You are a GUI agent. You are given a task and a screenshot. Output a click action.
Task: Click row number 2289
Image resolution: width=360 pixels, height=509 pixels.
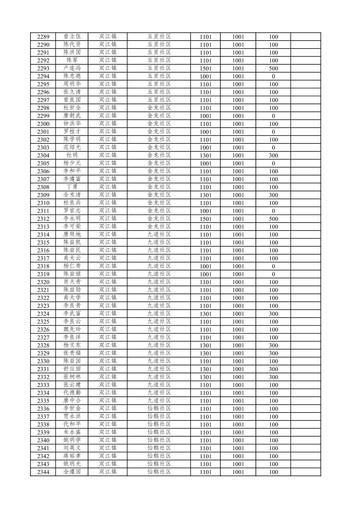[43, 37]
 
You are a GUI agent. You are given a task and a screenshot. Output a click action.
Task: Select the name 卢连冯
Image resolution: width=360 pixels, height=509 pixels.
[72, 68]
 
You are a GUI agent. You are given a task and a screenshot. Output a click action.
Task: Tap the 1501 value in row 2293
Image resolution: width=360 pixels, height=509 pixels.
[206, 68]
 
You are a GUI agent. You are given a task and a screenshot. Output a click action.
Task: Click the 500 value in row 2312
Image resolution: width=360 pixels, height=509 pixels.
[273, 219]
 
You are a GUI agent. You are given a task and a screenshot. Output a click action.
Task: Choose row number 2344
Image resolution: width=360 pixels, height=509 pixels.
[43, 472]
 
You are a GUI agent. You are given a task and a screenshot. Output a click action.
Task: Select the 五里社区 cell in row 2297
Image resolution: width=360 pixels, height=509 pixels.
[159, 100]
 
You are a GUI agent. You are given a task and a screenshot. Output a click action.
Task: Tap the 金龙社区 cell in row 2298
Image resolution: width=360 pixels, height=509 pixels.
[159, 108]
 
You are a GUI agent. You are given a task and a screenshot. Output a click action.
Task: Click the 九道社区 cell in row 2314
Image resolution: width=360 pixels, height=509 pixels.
[159, 235]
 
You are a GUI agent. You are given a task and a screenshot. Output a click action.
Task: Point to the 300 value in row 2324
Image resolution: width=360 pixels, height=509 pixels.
[273, 314]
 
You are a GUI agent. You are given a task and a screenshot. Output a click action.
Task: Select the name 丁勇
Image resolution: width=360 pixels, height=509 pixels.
[72, 187]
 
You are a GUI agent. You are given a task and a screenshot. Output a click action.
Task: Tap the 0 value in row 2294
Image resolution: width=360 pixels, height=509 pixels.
[273, 76]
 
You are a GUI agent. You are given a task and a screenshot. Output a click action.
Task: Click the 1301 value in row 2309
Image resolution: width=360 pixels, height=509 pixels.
[206, 195]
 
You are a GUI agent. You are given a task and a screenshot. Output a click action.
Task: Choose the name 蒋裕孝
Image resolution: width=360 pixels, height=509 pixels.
[72, 456]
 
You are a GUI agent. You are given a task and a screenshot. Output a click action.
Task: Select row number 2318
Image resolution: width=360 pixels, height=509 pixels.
[43, 266]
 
